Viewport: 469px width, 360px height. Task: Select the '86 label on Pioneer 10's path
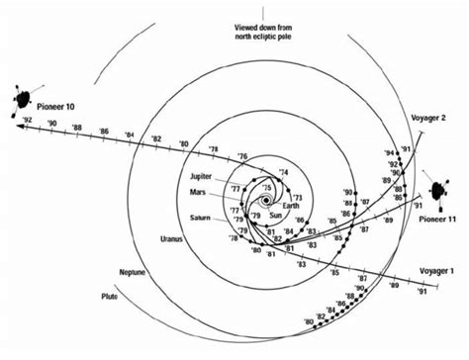(104, 131)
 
